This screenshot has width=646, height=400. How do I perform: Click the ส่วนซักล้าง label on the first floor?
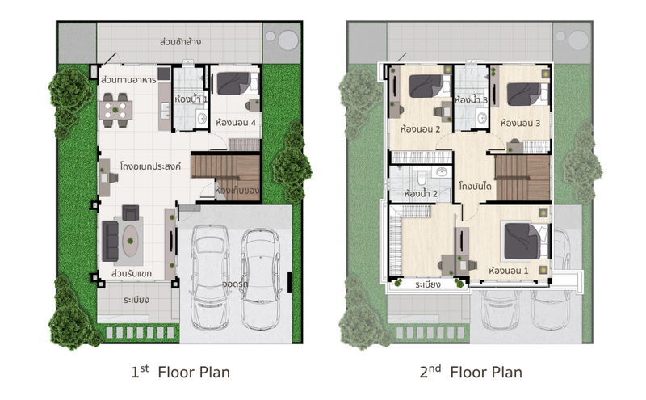pyautogui.click(x=180, y=42)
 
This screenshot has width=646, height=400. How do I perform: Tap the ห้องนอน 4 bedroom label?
pyautogui.click(x=236, y=123)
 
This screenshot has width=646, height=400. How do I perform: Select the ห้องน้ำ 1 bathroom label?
pyautogui.click(x=191, y=99)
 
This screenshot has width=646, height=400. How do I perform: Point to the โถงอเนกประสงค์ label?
pyautogui.click(x=150, y=166)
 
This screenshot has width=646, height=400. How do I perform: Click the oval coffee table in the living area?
pyautogui.click(x=130, y=241)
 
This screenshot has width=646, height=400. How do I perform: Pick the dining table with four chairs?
pyautogui.click(x=115, y=110)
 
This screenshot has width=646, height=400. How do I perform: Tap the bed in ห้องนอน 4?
pyautogui.click(x=237, y=83)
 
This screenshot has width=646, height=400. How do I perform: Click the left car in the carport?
pyautogui.click(x=210, y=277)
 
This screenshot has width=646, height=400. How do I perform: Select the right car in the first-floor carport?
pyautogui.click(x=260, y=280)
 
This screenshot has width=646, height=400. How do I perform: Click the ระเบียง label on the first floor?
pyautogui.click(x=136, y=300)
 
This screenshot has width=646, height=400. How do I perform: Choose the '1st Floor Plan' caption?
pyautogui.click(x=180, y=372)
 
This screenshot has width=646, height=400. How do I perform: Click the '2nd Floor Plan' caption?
pyautogui.click(x=471, y=372)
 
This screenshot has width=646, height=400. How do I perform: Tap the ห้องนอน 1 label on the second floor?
pyautogui.click(x=509, y=271)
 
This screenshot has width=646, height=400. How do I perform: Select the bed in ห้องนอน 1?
pyautogui.click(x=526, y=242)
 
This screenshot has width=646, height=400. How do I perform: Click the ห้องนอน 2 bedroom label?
pyautogui.click(x=420, y=129)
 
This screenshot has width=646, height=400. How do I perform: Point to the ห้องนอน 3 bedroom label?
pyautogui.click(x=520, y=123)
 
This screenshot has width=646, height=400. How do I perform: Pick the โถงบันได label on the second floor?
pyautogui.click(x=475, y=186)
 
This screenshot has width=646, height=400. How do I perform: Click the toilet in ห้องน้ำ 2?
pyautogui.click(x=422, y=177)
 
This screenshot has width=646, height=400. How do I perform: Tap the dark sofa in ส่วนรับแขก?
pyautogui.click(x=110, y=241)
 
